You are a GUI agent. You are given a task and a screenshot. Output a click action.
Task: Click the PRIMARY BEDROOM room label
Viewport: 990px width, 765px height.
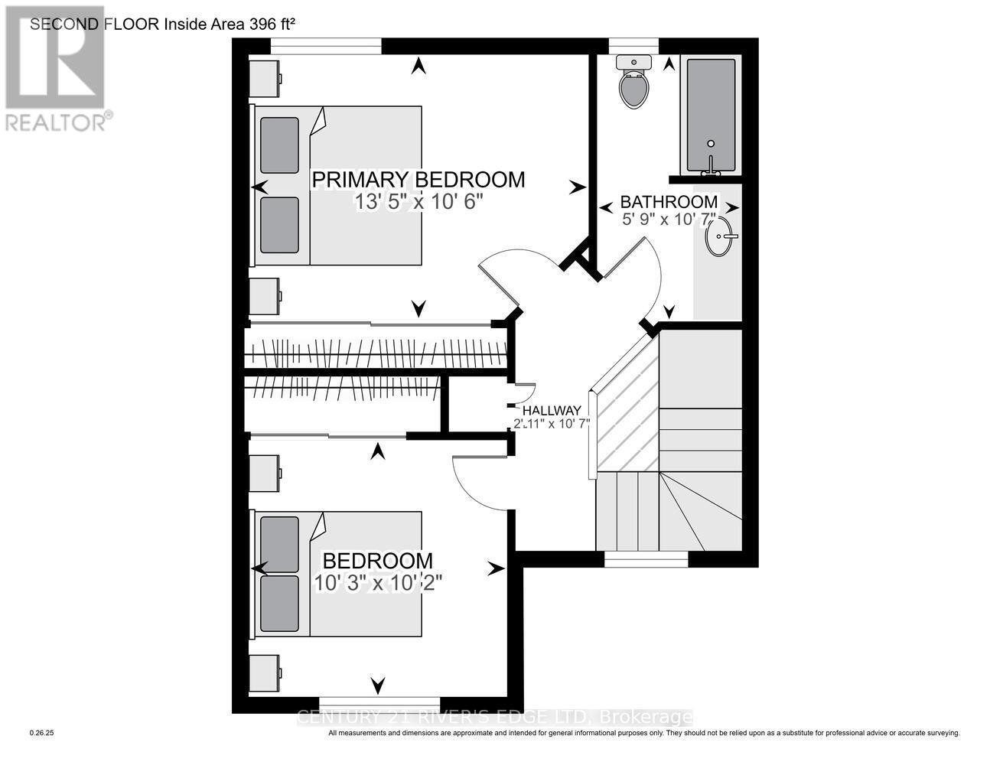[418, 180]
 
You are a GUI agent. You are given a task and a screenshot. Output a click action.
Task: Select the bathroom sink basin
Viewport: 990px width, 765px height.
[720, 236]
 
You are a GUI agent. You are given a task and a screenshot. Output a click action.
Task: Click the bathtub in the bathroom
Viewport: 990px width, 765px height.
[711, 115]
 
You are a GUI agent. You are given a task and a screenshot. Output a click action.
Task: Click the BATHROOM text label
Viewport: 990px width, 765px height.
[669, 202]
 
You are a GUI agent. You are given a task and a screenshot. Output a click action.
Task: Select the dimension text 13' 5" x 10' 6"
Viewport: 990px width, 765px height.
[418, 202]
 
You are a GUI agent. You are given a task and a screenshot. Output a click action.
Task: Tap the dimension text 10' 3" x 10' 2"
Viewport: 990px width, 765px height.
[378, 582]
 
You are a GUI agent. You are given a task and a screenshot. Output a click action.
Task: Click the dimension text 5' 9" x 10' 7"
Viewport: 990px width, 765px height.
[669, 220]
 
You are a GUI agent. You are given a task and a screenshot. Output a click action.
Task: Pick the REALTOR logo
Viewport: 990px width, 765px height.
[57, 69]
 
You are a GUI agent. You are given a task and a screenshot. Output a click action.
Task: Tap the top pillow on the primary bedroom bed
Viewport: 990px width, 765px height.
[279, 145]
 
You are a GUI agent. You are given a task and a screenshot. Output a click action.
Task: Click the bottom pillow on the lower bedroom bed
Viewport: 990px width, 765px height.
[279, 604]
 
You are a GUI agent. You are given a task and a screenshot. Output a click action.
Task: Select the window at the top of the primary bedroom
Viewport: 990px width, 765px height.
[326, 46]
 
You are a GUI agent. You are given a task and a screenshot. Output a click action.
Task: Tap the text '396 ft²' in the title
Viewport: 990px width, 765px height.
[272, 24]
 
